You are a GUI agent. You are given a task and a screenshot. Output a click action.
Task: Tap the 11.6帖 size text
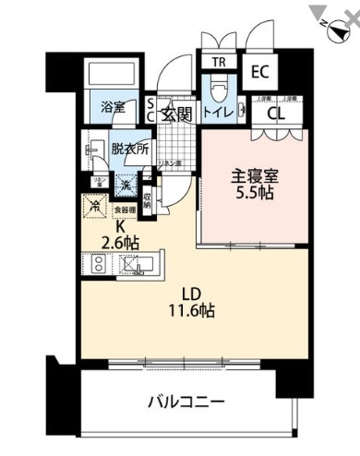(x=191, y=310)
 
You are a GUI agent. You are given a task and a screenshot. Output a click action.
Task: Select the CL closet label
(x=275, y=114)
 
